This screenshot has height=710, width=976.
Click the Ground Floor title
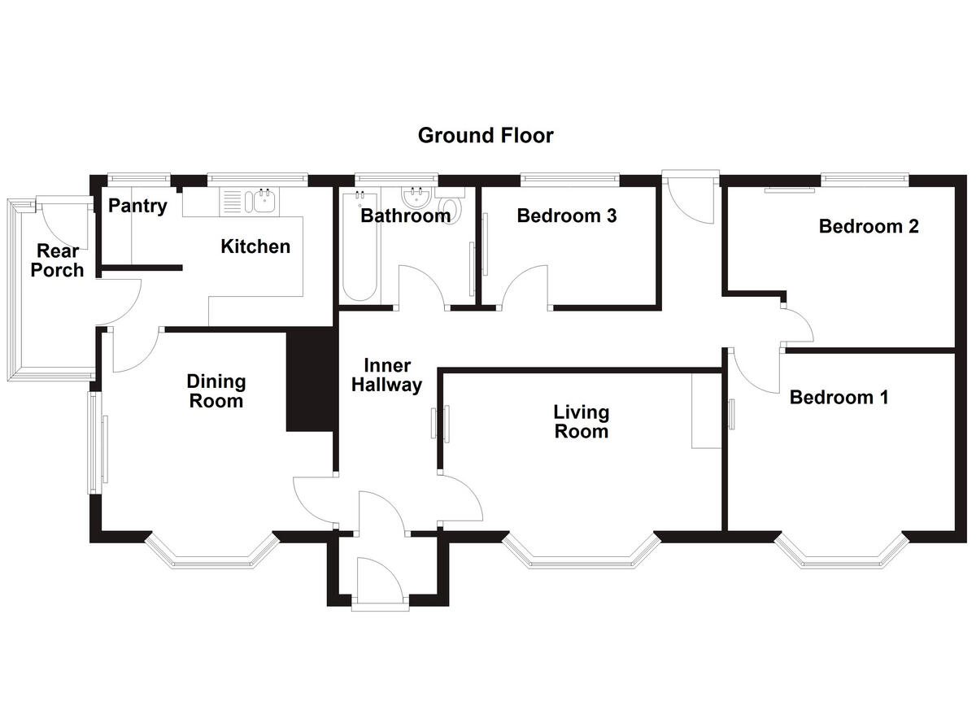pos(486,135)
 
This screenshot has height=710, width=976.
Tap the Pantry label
pos(137,206)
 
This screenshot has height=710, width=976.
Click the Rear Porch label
pos(57,260)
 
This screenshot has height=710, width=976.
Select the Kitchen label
pos(255,246)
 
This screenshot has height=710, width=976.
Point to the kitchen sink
pos(263,200)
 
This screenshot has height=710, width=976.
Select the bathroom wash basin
pos(416,198)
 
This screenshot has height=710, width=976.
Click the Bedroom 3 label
pos(567,216)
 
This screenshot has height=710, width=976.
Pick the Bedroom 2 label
pos(869,226)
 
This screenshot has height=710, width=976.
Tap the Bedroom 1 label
pos(839,397)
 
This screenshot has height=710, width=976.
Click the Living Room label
pos(581,421)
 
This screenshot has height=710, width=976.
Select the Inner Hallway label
pos(387,375)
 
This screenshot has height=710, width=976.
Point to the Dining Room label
pos(216,390)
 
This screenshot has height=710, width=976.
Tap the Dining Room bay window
pos(211,555)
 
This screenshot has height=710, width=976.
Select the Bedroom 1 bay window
pos(842,555)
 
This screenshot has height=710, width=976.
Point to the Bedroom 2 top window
pos(864,178)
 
